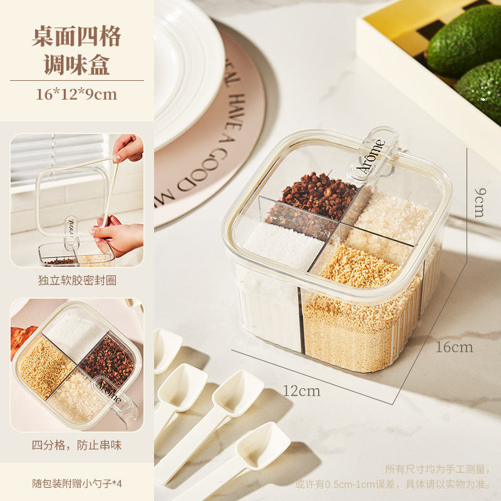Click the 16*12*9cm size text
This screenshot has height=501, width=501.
(x=76, y=95)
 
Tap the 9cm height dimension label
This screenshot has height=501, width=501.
(x=478, y=202)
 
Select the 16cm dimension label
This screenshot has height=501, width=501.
(x=454, y=347)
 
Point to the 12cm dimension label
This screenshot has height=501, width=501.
(x=301, y=391)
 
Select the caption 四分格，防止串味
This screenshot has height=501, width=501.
(x=76, y=446)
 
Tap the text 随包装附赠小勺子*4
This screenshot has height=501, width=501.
(x=76, y=483)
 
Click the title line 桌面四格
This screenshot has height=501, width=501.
(x=76, y=36)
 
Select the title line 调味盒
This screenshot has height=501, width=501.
(x=76, y=65)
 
